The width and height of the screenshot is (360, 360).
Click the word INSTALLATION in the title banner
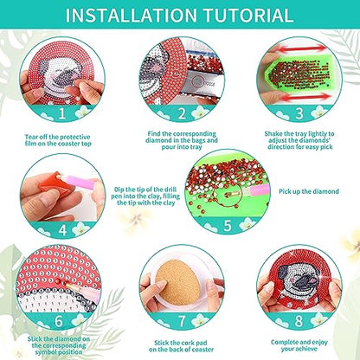pos(132,15)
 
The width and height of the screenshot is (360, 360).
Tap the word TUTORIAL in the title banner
pos(248,15)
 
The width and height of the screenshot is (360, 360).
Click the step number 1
pos(62,113)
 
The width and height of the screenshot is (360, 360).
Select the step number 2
pos(182,113)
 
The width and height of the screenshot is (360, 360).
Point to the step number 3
pos(299,113)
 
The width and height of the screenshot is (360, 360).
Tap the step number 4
pos(62,230)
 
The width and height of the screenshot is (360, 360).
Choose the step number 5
pos(228,226)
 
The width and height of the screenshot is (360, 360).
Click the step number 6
pos(59,321)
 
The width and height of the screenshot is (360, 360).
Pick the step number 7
pos(182,321)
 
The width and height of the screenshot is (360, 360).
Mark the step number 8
pos(299,321)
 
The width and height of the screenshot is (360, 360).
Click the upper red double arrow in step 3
pos(301,48)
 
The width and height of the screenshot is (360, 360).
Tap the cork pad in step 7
pos(177,282)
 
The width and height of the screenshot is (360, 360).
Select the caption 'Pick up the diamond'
pos(309,191)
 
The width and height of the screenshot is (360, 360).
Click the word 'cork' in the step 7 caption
pos(188,343)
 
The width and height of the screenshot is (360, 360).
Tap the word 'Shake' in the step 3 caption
pos(273,134)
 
